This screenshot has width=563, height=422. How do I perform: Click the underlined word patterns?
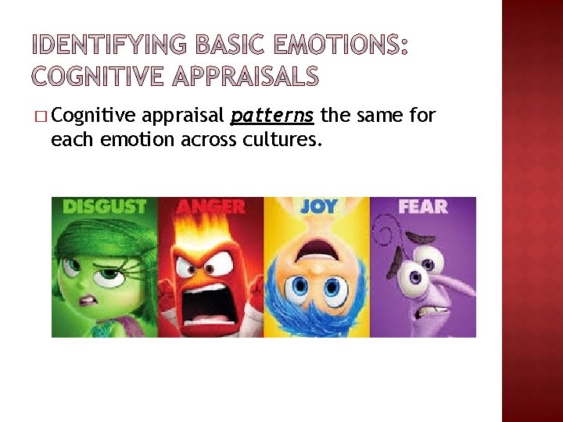click(272, 116)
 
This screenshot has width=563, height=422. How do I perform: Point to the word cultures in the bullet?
click(289, 141)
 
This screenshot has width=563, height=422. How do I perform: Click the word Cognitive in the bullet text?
click(93, 116)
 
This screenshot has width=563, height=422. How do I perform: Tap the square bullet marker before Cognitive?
click(40, 117)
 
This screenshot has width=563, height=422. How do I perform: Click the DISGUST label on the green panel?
click(104, 207)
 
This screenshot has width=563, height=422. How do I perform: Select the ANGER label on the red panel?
click(210, 207)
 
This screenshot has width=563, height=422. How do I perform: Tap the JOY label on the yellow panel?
click(317, 206)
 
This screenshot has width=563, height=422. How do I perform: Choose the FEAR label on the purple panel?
click(422, 207)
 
